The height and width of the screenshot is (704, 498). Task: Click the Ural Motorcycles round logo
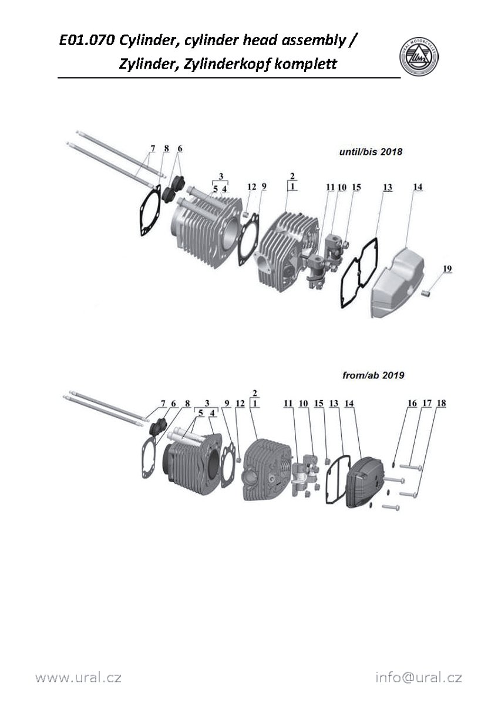(x=419, y=58)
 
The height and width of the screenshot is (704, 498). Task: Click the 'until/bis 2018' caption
(x=371, y=152)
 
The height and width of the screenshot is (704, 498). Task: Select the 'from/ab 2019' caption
(x=373, y=375)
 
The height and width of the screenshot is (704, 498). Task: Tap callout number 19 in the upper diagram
(x=447, y=269)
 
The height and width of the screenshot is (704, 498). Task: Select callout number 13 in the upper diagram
(x=388, y=187)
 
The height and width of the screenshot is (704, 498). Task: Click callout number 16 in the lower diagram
(x=412, y=403)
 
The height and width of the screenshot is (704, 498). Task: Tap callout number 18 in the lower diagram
(x=442, y=403)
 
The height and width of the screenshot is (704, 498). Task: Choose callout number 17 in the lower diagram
(x=427, y=403)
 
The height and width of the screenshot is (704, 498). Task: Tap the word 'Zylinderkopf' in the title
(x=227, y=65)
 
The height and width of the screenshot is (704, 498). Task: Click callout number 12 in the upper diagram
(x=252, y=187)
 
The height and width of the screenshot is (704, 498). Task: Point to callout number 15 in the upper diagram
(x=356, y=187)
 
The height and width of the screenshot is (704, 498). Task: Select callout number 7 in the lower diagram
(x=163, y=403)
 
